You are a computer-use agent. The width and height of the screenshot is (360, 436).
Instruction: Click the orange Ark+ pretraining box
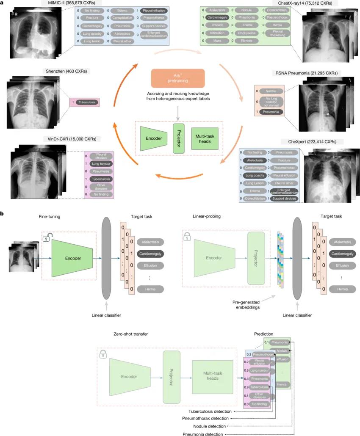(x=177, y=79)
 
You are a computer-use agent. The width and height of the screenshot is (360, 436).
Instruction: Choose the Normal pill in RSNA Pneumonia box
(x=271, y=91)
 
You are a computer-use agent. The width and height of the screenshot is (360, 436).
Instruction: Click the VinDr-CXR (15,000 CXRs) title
(x=69, y=138)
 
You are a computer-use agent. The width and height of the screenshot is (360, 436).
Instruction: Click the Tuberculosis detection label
(x=210, y=411)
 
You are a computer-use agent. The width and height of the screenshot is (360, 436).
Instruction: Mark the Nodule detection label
(x=210, y=426)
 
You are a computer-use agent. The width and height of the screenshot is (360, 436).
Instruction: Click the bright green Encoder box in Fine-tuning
(x=72, y=257)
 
